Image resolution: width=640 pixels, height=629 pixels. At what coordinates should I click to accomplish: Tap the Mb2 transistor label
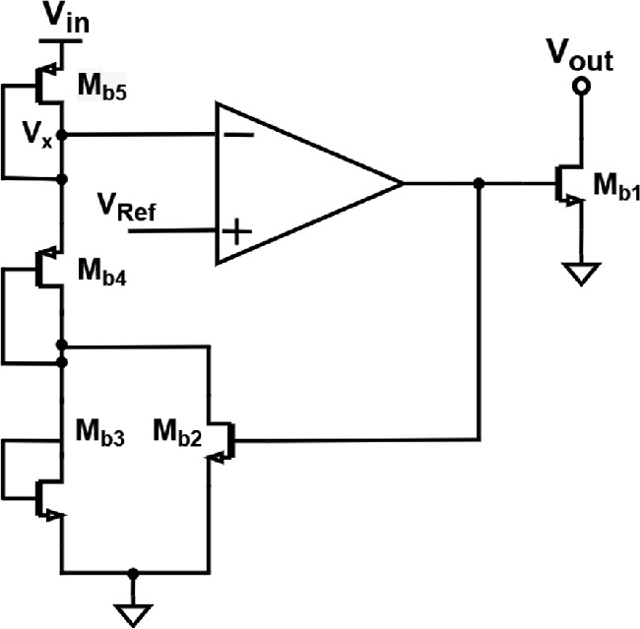click(x=178, y=435)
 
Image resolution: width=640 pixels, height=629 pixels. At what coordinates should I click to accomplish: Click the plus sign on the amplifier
click(x=236, y=232)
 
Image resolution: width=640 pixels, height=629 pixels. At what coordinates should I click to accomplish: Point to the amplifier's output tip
click(x=402, y=183)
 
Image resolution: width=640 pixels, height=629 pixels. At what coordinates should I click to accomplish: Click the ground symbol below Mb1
click(x=581, y=273)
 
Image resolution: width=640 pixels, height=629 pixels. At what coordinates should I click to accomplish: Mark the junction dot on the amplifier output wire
click(x=479, y=183)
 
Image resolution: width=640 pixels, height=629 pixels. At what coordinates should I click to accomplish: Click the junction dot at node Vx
click(x=62, y=135)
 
